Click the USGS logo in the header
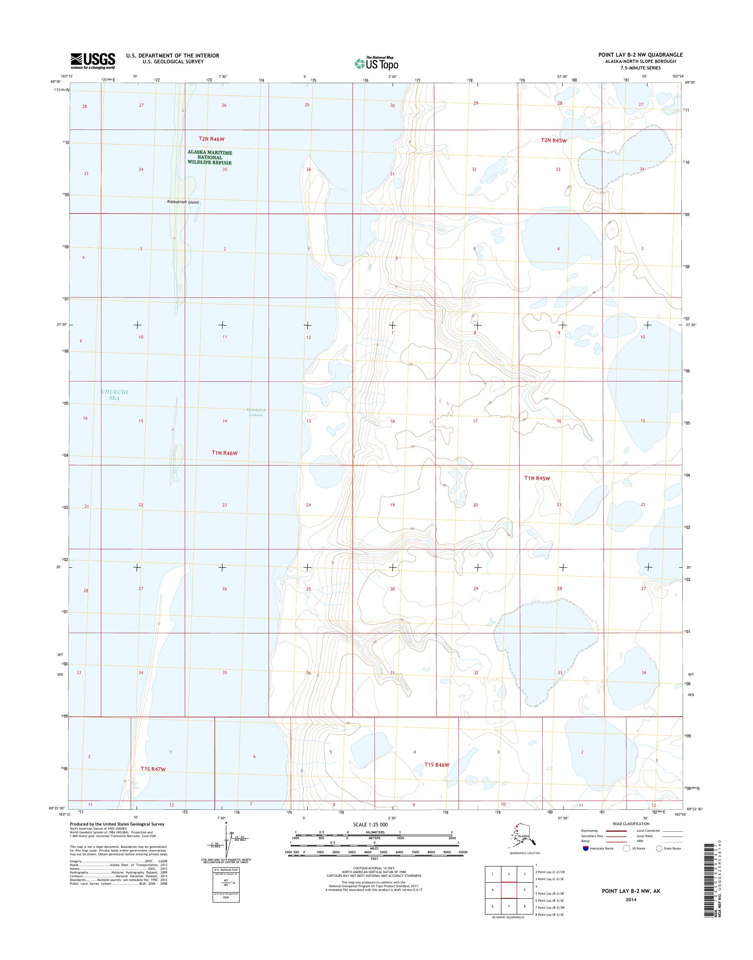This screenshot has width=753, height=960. (x=93, y=61)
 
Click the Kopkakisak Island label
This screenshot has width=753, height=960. (x=182, y=202)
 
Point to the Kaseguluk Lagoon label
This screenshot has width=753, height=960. (x=256, y=412)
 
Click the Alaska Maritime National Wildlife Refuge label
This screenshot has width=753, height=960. (x=210, y=157)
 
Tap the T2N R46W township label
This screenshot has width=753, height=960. (x=211, y=139)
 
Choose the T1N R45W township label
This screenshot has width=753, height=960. (x=537, y=478)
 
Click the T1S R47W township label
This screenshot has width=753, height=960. (x=156, y=768)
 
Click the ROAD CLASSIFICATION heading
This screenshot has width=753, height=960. (x=631, y=823)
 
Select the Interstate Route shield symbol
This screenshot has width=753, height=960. (x=585, y=848)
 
